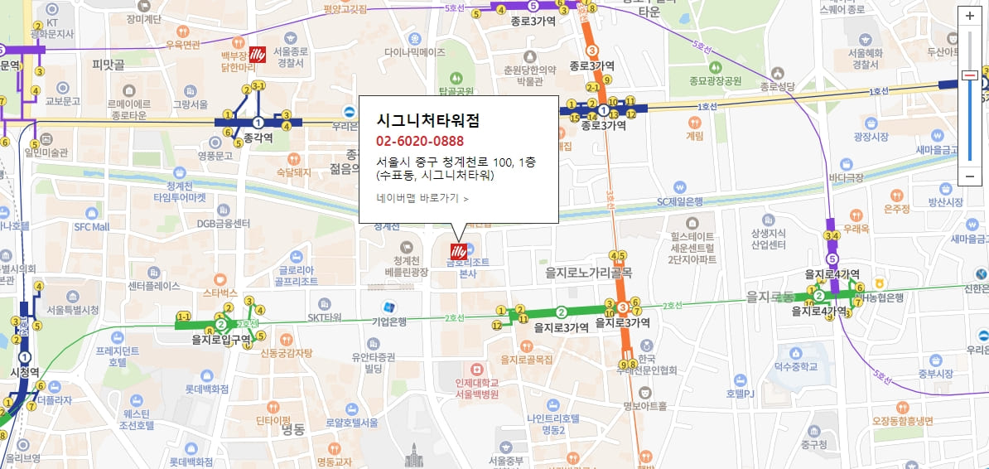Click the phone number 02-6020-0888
point(420,141)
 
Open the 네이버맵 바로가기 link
point(422,198)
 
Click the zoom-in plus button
point(970,16)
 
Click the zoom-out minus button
point(970,176)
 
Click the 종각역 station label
point(258,139)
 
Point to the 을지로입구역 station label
point(221,339)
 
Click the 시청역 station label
point(24,372)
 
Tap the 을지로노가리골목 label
point(589,272)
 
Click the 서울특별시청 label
point(73,310)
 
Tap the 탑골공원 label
point(456,91)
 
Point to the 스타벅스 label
point(220,293)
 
